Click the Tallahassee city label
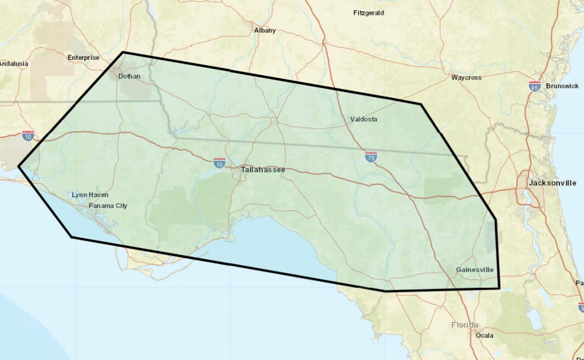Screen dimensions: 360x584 point(263,171)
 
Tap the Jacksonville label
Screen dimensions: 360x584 point(552,183)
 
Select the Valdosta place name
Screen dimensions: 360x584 point(364,119)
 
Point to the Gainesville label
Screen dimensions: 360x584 point(474,270)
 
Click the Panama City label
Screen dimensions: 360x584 point(107,206)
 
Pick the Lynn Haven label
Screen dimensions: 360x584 point(90,195)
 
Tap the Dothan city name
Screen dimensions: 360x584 point(129,76)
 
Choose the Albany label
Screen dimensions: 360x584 point(265,31)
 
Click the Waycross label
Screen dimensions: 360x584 point(466,78)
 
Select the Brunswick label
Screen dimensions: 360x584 point(562,86)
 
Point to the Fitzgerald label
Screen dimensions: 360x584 point(368,13)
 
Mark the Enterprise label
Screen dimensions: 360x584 point(83,58)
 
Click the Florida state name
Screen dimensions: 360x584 point(464,325)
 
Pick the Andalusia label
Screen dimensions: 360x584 point(13,64)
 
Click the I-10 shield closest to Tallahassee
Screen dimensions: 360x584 point(219,162)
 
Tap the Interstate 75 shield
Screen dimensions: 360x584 point(371,157)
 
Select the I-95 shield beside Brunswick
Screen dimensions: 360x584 point(535,86)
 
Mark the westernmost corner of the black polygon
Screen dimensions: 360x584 point(19,165)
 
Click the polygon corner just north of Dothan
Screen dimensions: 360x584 point(122,53)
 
